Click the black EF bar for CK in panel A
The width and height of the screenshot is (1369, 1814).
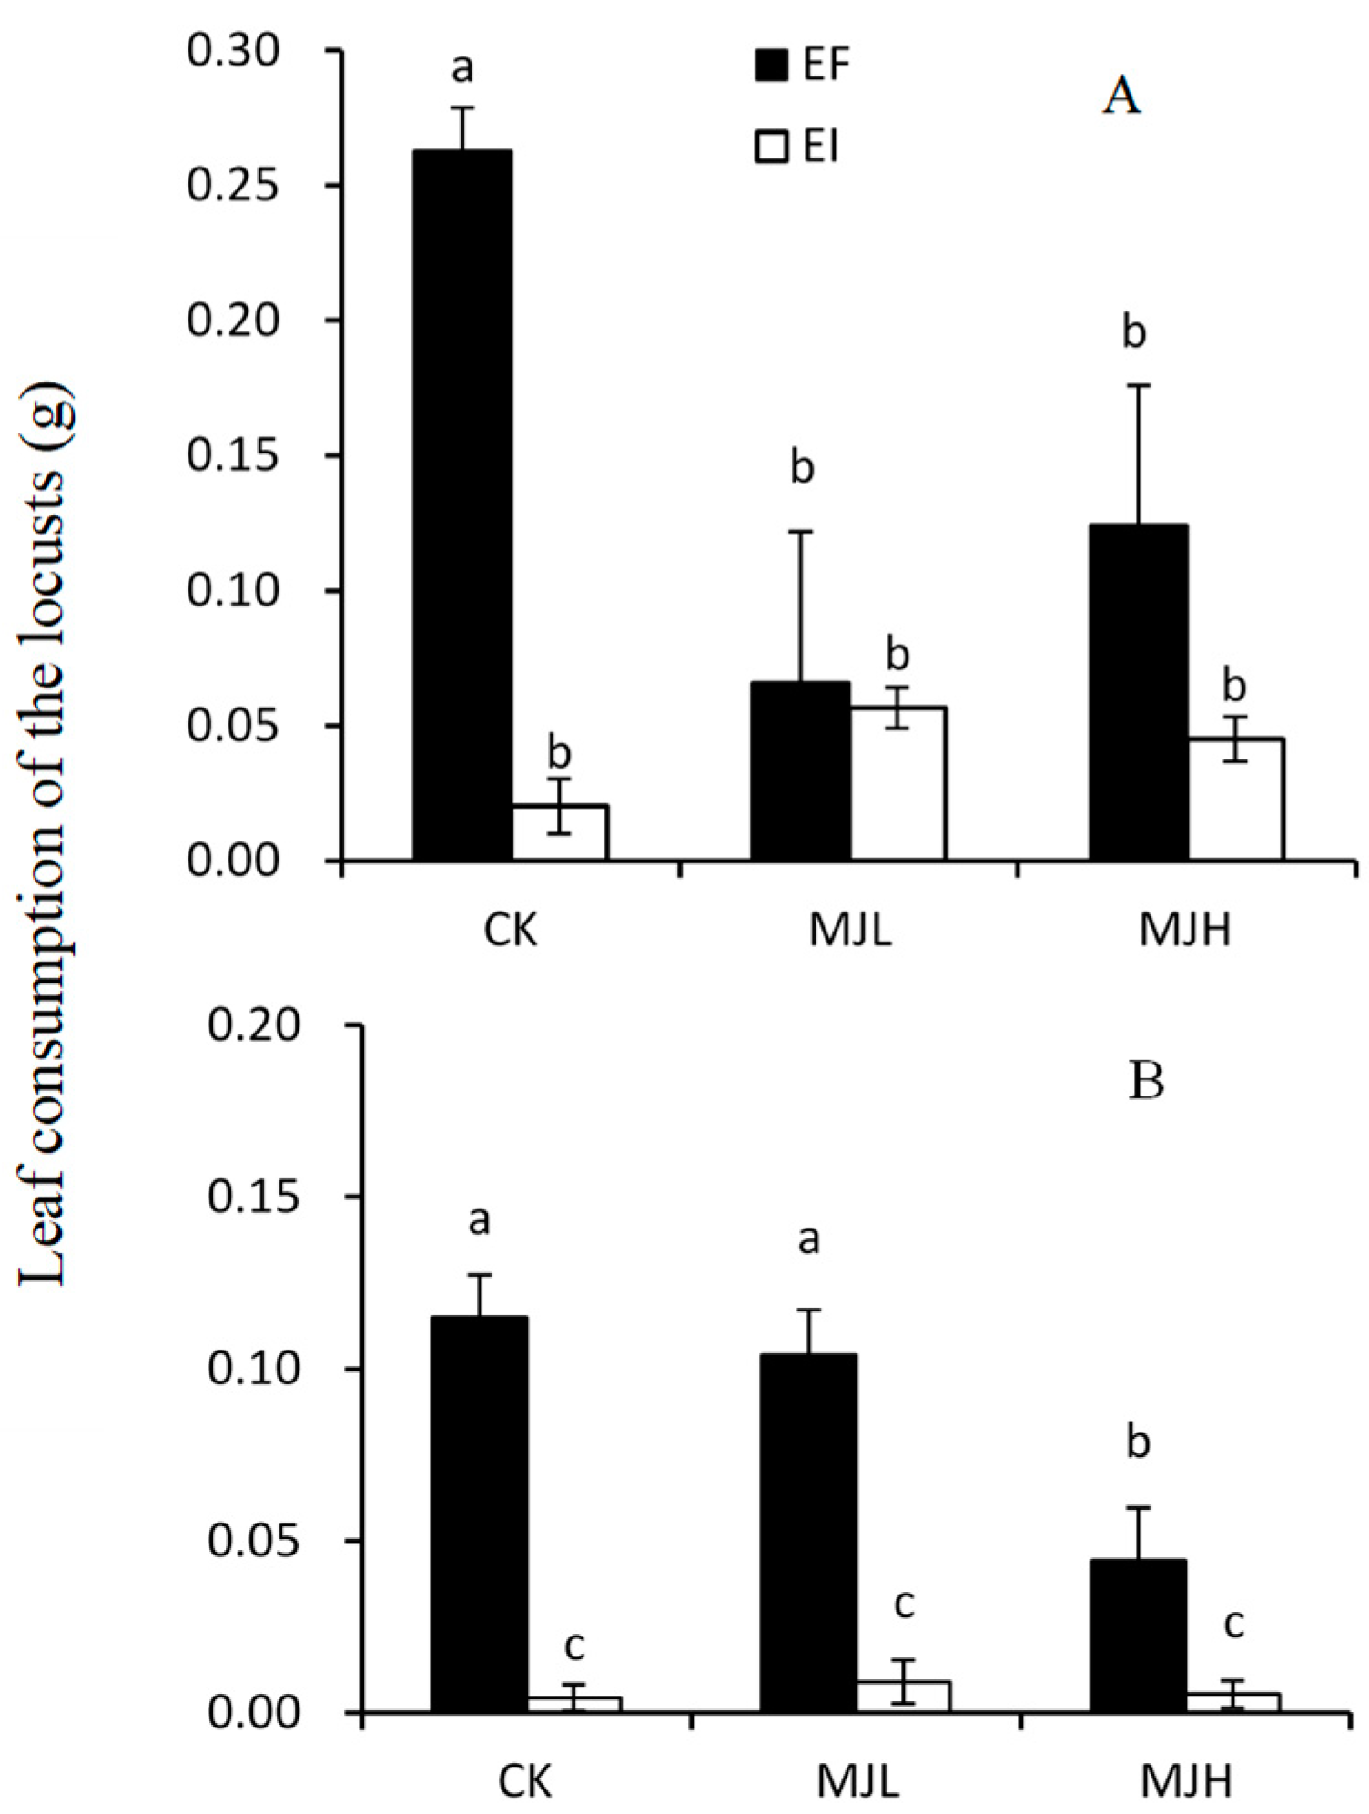461,505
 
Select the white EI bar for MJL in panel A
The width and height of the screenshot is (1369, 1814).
898,783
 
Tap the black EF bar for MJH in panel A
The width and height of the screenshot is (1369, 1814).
1138,692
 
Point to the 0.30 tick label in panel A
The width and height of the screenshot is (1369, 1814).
231,52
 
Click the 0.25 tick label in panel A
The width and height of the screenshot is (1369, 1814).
231,187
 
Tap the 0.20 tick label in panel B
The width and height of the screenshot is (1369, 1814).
252,1025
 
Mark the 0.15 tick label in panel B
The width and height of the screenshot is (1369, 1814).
252,1197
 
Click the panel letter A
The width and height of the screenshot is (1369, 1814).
1121,97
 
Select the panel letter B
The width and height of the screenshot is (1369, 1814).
1145,1082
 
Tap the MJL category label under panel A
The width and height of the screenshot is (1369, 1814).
849,932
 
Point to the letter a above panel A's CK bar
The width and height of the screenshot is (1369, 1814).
462,69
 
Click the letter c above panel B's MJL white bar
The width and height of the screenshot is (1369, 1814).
902,1605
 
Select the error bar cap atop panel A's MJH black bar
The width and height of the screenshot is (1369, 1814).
1138,386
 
